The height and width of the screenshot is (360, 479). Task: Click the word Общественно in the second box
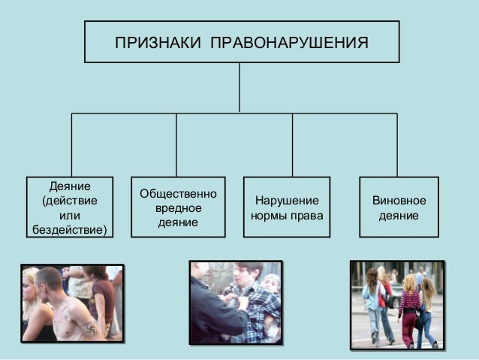(x=178, y=194)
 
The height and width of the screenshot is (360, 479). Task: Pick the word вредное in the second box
(x=178, y=208)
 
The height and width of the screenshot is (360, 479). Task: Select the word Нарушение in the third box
(x=287, y=201)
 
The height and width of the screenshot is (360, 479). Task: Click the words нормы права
(x=287, y=216)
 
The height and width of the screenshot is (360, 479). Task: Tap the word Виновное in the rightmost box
(x=399, y=201)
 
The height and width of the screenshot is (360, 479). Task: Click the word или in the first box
(x=69, y=215)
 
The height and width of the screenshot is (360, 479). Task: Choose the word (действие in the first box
(x=69, y=201)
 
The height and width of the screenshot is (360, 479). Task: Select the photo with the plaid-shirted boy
(x=235, y=301)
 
